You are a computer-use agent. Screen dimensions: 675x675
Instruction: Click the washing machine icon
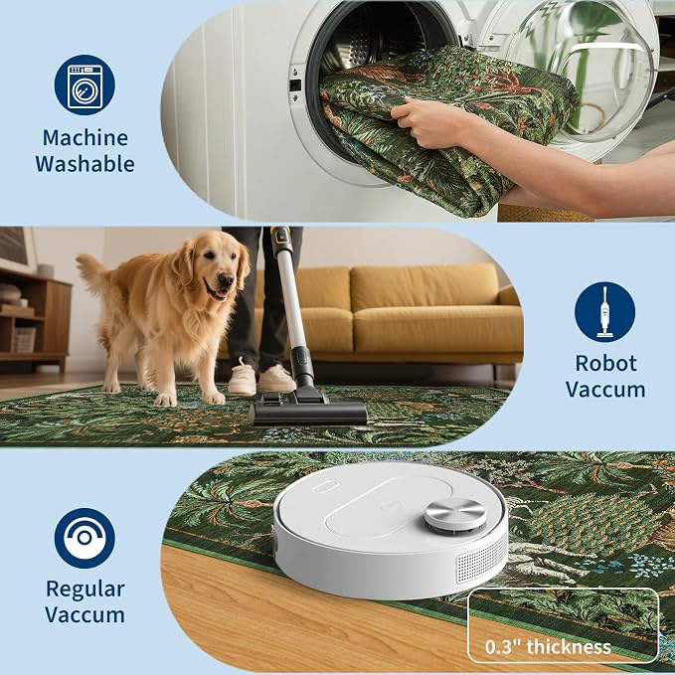(84, 84)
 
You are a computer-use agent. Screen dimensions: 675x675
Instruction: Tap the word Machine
(85, 138)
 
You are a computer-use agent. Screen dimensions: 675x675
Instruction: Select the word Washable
(84, 164)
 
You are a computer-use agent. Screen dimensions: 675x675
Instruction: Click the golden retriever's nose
(226, 280)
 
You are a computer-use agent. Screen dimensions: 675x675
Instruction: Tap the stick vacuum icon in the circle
(604, 312)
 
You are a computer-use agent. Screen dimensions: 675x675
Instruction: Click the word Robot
(605, 363)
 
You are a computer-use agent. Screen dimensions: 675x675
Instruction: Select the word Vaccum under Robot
(605, 390)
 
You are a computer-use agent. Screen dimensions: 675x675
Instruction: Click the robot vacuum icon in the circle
(84, 538)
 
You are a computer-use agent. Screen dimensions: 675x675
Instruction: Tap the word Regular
(85, 590)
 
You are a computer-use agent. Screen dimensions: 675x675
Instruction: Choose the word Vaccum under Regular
(84, 614)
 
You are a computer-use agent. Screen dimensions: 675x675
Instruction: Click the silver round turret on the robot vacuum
(455, 515)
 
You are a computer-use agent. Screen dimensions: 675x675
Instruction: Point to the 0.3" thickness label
(548, 646)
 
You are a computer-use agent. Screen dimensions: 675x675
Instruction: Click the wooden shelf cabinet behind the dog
(35, 317)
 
